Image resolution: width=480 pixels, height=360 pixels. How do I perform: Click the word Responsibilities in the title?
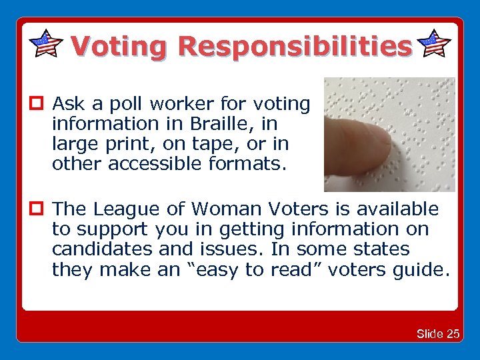[295, 46]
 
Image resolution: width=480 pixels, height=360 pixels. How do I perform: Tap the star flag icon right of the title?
[435, 43]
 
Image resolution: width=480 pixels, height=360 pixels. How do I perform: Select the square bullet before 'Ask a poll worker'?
[36, 104]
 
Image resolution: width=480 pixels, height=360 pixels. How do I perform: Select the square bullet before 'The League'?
[36, 209]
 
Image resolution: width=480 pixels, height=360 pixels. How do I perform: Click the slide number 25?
[453, 334]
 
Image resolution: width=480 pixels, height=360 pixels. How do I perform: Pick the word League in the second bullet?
[125, 209]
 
